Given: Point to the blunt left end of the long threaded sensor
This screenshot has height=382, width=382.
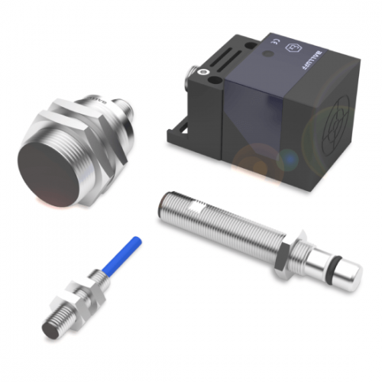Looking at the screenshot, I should point(164,204).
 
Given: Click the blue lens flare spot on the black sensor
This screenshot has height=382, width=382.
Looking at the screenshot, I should point(288,159).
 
